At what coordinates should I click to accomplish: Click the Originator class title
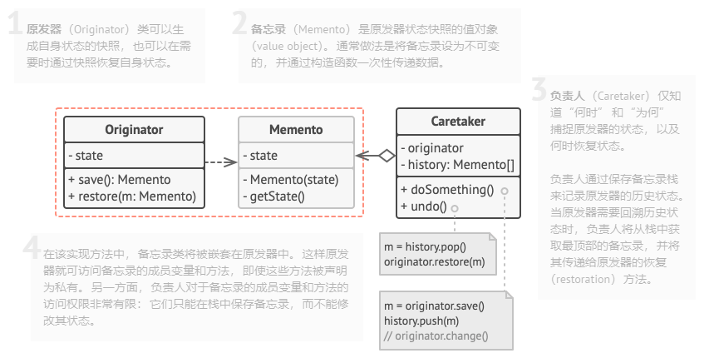(x=134, y=130)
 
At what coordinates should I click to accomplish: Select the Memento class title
(x=296, y=130)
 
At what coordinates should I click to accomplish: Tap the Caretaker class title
(x=458, y=122)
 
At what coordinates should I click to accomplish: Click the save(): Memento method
(x=120, y=180)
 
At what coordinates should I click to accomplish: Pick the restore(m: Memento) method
(x=132, y=196)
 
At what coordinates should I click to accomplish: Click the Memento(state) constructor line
(x=289, y=180)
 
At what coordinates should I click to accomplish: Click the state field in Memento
(x=261, y=156)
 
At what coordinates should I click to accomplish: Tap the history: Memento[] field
(x=457, y=164)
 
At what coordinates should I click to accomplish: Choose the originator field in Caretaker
(x=432, y=148)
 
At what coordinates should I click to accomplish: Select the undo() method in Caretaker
(x=424, y=206)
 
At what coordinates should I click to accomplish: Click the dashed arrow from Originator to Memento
(x=220, y=163)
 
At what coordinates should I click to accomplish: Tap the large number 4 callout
(x=31, y=248)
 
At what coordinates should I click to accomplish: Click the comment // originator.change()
(x=436, y=336)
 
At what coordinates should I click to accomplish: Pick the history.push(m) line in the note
(x=421, y=321)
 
